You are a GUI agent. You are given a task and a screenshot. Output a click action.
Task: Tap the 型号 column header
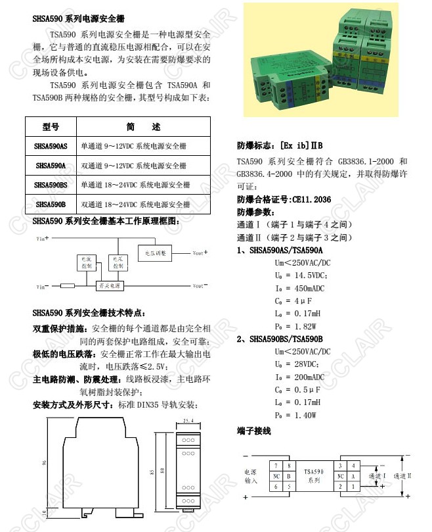[51, 126]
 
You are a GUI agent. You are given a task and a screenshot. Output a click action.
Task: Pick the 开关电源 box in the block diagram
[108, 286]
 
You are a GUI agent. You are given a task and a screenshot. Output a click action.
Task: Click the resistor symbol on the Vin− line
[67, 286]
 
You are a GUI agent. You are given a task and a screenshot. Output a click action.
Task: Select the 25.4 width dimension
[187, 421]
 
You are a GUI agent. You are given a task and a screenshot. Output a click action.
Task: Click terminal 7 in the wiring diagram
[276, 465]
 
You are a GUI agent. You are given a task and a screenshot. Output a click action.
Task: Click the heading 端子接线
[253, 431]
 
